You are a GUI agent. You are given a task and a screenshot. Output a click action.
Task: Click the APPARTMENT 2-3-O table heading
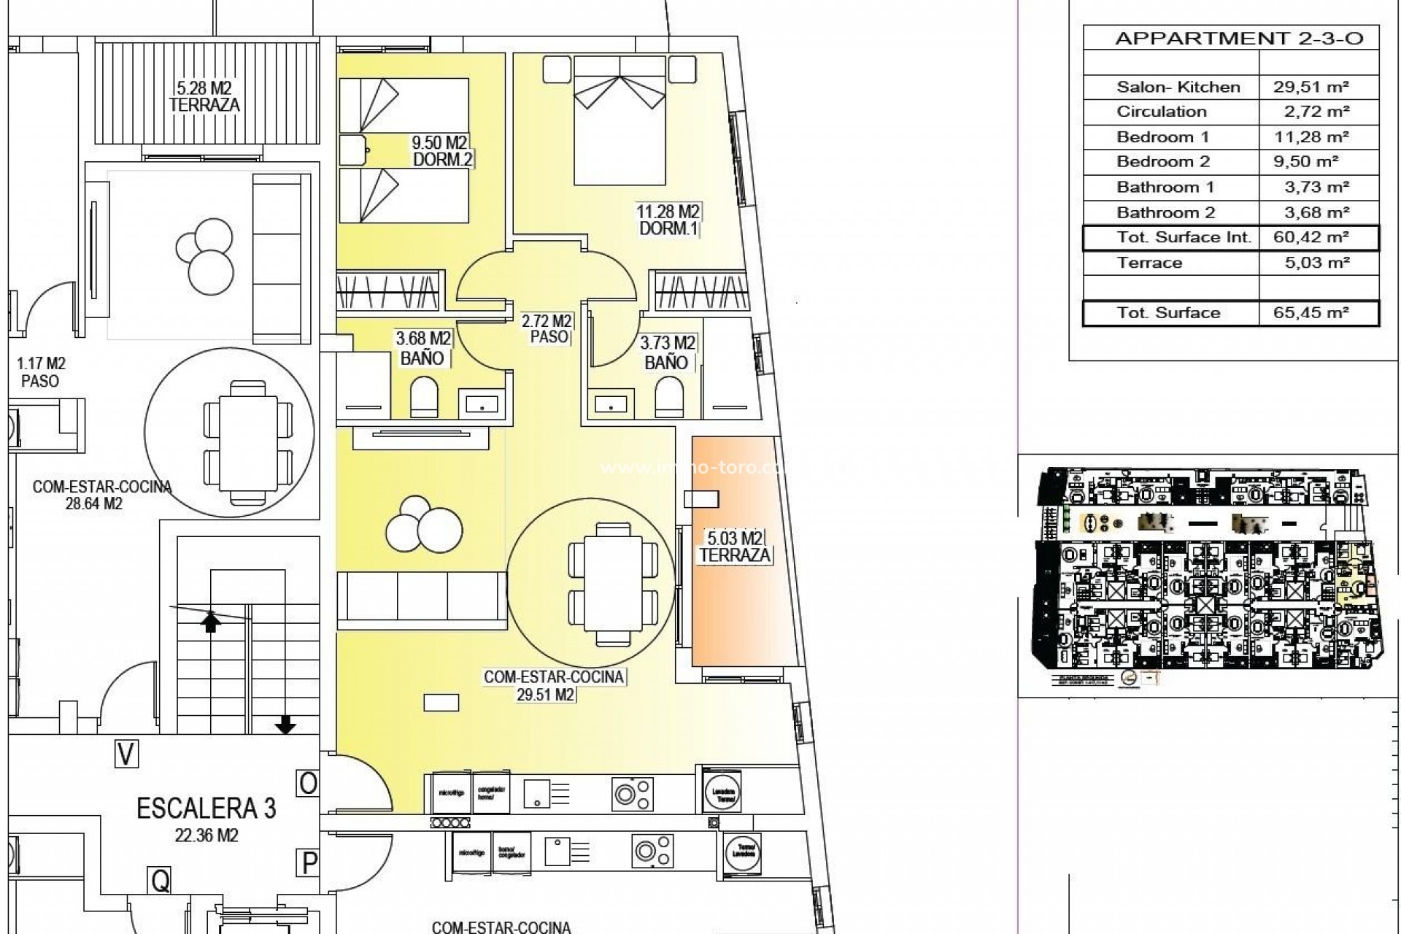coord(1238,38)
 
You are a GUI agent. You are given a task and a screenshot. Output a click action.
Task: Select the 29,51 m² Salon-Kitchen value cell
coord(1311,87)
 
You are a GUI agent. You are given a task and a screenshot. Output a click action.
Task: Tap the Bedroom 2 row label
coord(1163,162)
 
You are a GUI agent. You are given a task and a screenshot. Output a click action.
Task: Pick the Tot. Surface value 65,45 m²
coord(1311,313)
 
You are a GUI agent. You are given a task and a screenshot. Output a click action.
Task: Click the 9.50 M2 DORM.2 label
coord(440,150)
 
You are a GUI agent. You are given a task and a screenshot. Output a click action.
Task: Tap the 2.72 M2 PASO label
coord(547,328)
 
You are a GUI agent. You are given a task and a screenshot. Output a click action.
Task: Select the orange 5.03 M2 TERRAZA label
coord(734,547)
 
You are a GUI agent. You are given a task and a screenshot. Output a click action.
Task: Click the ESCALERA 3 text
coord(206,808)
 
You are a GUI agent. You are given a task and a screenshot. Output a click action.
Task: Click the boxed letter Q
coord(160,881)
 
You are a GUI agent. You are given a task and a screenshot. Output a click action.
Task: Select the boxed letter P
coord(309,863)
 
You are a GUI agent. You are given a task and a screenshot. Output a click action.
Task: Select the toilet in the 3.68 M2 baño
coord(423,398)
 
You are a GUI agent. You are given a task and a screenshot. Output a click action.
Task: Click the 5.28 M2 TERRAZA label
coord(204,96)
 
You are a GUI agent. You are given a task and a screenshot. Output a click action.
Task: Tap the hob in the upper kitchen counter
coord(632,793)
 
